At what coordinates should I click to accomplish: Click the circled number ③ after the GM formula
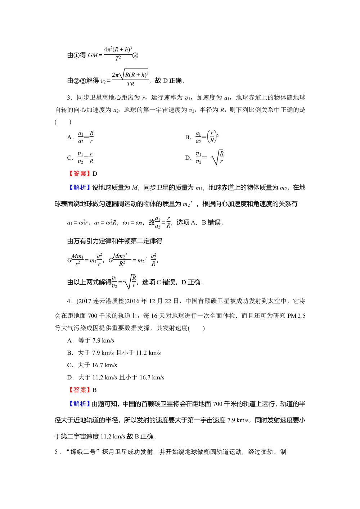point(135,55)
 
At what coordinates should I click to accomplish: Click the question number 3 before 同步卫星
point(69,98)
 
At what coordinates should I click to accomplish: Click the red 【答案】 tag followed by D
point(80,174)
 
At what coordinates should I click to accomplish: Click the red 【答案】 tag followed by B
point(80,390)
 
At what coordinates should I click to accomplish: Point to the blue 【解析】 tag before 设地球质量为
point(80,188)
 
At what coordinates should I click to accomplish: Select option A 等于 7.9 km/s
point(95,341)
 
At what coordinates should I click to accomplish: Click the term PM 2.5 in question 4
point(296,316)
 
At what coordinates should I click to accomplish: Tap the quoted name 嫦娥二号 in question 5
point(83,452)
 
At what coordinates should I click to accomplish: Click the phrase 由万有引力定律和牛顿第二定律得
point(115,241)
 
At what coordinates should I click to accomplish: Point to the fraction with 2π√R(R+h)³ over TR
point(130,79)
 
